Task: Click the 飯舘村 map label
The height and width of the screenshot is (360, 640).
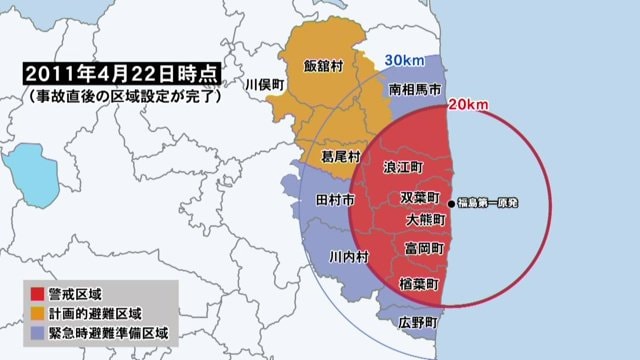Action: tap(323, 66)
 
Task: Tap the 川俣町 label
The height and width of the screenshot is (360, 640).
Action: tap(265, 85)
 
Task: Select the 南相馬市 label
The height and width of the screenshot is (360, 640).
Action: tap(409, 89)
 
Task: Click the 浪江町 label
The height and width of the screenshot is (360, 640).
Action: tap(404, 166)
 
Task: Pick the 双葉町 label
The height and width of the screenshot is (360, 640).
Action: tap(419, 197)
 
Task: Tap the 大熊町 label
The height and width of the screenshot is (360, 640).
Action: tap(426, 218)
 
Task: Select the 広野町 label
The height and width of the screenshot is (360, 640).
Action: tap(418, 322)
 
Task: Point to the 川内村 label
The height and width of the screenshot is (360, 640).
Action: tap(350, 257)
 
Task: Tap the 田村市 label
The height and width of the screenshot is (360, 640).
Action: tap(334, 201)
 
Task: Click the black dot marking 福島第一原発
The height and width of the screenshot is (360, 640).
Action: tap(452, 205)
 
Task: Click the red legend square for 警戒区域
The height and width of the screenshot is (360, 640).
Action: tap(36, 295)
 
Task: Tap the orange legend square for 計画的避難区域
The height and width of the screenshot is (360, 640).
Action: tap(36, 313)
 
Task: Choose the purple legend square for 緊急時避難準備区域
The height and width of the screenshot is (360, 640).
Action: tap(36, 332)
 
